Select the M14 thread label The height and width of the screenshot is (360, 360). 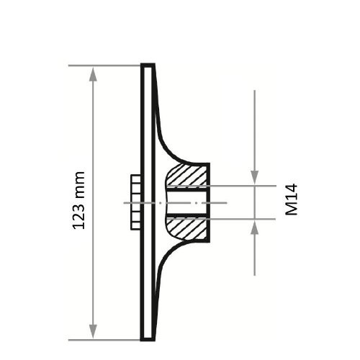(x=291, y=199)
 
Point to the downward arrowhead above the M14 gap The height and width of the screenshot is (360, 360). (x=255, y=177)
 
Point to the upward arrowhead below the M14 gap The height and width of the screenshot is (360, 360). (x=255, y=227)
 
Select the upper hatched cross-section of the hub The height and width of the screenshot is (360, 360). (x=189, y=174)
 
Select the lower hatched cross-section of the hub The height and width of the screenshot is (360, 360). (x=189, y=229)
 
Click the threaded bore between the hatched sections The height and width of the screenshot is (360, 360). (x=189, y=202)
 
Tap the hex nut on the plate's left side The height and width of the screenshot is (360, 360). (x=135, y=202)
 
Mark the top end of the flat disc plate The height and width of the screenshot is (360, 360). (x=148, y=67)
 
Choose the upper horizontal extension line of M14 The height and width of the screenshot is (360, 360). (x=245, y=185)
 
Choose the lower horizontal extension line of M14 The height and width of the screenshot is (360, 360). (x=245, y=219)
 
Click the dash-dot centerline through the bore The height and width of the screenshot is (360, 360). (x=216, y=203)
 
